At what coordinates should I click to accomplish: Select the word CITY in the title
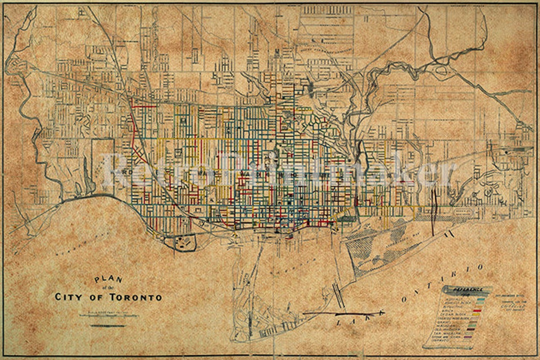[69, 297]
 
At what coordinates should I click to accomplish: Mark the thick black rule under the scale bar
[108, 326]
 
